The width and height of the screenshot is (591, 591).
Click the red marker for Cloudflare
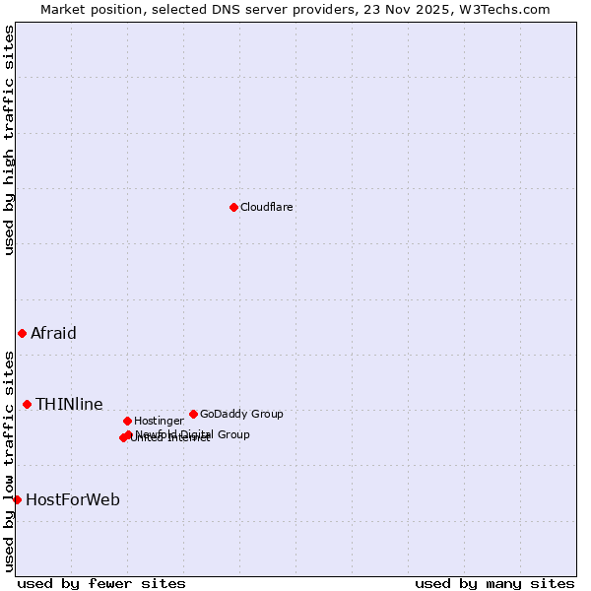[233, 207]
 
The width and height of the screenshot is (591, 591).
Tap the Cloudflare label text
[267, 208]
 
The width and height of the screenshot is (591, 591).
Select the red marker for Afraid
[22, 333]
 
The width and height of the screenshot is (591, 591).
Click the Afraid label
[53, 333]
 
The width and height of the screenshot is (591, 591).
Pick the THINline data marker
[27, 404]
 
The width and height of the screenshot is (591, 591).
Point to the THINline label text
[69, 404]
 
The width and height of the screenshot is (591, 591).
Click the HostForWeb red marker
[17, 499]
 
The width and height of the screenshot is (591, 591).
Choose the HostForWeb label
[73, 499]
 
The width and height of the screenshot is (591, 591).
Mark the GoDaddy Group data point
[193, 414]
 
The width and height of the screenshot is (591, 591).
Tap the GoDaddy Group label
[241, 415]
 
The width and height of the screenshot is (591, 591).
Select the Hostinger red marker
[127, 421]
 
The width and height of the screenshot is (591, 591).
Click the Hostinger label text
[159, 422]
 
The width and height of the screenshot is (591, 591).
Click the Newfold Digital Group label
[193, 434]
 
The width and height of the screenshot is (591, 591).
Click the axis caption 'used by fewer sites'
[101, 583]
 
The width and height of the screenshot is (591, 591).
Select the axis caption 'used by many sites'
[494, 583]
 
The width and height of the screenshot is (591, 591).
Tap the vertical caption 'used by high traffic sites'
[9, 140]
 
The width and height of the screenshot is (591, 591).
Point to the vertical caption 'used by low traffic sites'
[9, 460]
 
